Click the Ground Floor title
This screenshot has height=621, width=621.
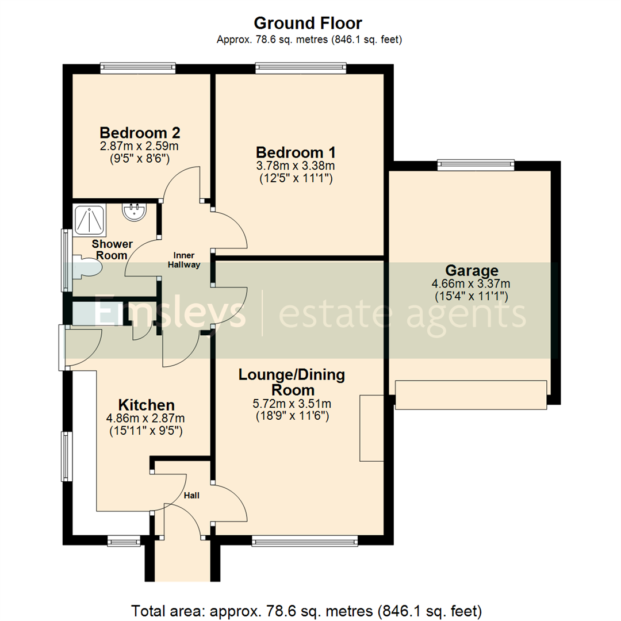(308, 23)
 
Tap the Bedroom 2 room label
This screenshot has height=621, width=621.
(140, 132)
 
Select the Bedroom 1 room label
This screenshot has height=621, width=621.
(296, 152)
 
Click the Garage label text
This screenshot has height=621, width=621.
(471, 270)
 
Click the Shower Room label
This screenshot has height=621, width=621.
(112, 250)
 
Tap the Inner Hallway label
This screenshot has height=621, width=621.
(184, 260)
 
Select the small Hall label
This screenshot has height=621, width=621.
(192, 494)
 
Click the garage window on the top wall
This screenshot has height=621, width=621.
(475, 166)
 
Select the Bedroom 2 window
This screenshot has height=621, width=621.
(137, 68)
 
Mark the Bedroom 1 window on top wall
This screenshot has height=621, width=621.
(301, 68)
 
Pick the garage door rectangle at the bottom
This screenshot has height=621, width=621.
(471, 395)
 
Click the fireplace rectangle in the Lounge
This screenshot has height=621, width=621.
(371, 428)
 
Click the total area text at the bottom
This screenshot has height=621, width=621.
(310, 609)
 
